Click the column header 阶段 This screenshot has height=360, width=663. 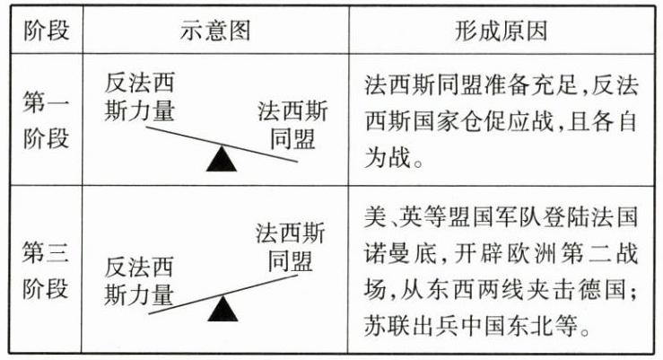coord(44,30)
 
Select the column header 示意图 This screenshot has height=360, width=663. coord(215,30)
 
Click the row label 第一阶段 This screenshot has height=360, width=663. coord(44,119)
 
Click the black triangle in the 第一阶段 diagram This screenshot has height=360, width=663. coord(221,159)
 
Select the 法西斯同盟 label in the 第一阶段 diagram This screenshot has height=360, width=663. coord(292,126)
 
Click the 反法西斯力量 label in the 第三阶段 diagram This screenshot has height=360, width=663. coord(140,280)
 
